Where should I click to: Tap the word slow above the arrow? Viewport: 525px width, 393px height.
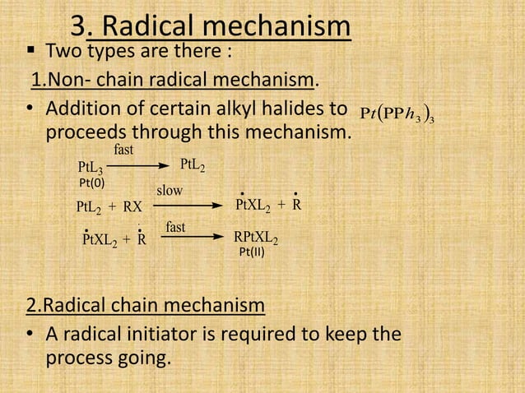pos(170,190)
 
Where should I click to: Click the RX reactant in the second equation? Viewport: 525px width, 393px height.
pos(131,206)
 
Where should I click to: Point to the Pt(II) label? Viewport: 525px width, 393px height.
pos(251,253)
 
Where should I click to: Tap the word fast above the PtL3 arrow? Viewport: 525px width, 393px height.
pos(124,150)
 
